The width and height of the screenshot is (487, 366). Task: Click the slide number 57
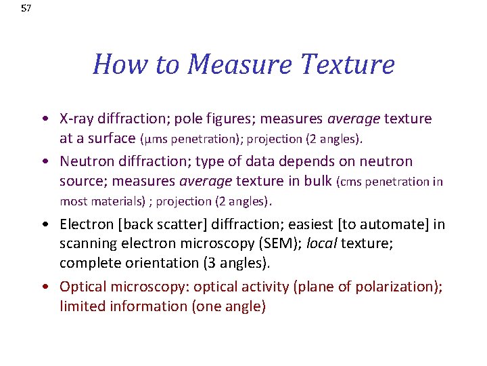26,9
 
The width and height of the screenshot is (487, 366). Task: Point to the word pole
187,119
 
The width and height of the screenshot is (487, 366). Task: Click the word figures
230,119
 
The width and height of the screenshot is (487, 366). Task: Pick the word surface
112,139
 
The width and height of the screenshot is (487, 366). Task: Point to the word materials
116,201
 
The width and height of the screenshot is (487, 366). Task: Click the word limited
82,306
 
